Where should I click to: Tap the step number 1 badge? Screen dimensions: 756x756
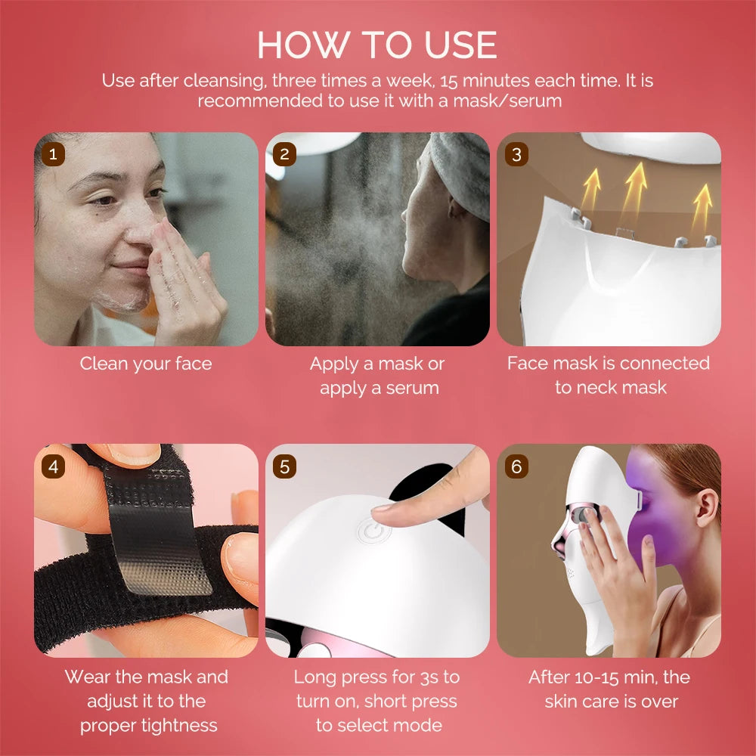(x=52, y=154)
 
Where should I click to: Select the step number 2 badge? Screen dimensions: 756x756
(x=284, y=154)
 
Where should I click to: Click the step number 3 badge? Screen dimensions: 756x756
(x=516, y=154)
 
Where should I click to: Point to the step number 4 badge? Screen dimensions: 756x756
(x=52, y=466)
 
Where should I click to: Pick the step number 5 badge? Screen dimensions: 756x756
(x=284, y=466)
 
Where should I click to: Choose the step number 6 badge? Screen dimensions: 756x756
(x=516, y=466)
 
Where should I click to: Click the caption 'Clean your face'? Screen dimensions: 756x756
(x=146, y=364)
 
